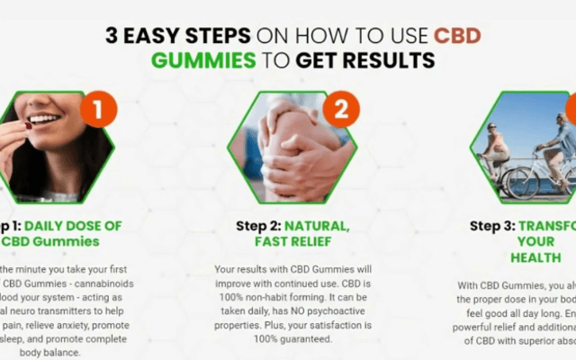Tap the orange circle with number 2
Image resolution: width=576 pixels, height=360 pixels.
[x=341, y=111]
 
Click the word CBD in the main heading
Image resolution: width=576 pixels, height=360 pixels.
[x=457, y=36]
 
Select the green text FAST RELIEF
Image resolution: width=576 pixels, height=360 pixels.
[x=287, y=241]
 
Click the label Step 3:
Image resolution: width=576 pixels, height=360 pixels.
[x=500, y=226]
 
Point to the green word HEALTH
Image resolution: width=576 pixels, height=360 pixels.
[x=535, y=256]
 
